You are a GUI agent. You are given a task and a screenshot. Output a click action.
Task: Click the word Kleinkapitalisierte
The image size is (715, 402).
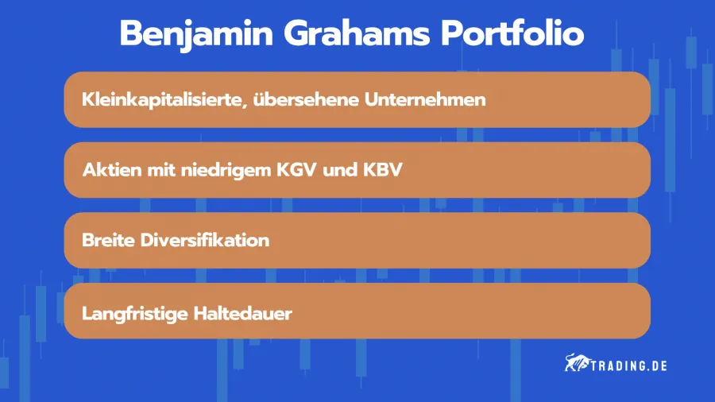click(x=160, y=100)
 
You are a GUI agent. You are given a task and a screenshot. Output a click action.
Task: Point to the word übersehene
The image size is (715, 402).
click(x=301, y=100)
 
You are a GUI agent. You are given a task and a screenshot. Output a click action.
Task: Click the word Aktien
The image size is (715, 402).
click(x=108, y=170)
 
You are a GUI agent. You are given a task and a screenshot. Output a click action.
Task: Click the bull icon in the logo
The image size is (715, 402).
click(x=575, y=365)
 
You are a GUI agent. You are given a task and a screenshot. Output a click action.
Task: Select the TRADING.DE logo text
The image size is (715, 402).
click(x=628, y=365)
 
